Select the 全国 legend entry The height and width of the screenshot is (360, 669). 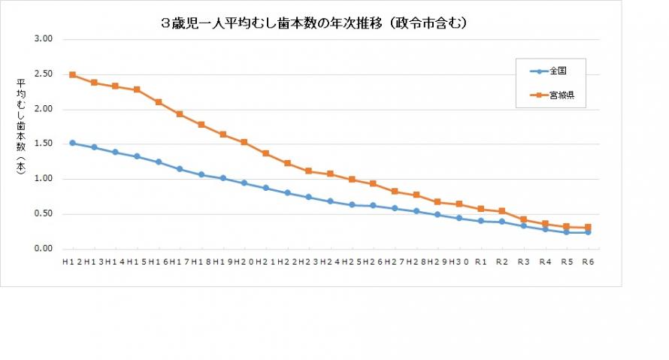(x=557, y=71)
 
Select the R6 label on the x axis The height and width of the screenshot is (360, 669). (x=588, y=262)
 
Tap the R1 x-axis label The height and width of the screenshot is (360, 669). (x=480, y=262)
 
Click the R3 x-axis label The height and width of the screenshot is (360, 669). (x=523, y=262)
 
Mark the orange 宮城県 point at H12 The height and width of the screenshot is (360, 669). (x=72, y=75)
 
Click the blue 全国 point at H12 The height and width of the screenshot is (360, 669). (x=72, y=143)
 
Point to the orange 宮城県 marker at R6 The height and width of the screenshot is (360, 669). (x=588, y=227)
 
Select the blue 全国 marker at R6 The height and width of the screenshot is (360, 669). (x=588, y=232)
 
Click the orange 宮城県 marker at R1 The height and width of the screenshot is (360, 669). (x=480, y=209)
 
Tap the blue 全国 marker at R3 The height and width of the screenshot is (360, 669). (x=523, y=225)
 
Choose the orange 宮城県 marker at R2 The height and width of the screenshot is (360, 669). (x=502, y=211)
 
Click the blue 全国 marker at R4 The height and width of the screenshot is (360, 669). (x=545, y=229)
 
